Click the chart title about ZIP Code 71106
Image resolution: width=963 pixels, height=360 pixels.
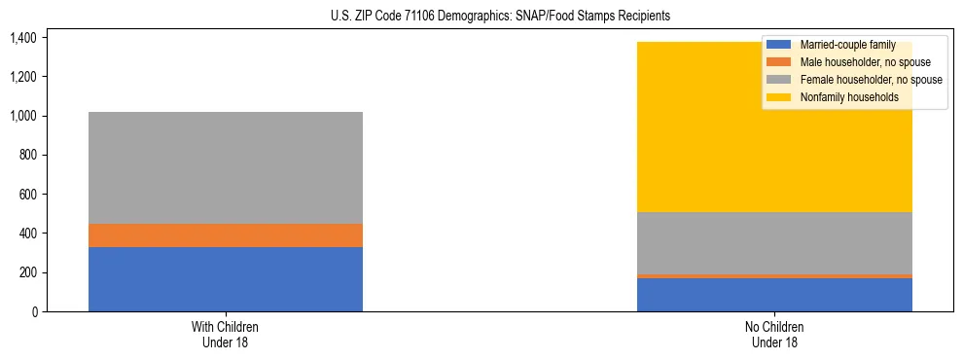[481, 17]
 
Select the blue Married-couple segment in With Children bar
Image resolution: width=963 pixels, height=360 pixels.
[226, 279]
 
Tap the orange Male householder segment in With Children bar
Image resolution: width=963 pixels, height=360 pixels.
[226, 235]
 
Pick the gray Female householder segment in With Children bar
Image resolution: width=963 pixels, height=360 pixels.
[226, 167]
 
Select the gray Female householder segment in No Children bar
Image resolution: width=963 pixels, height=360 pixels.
[774, 243]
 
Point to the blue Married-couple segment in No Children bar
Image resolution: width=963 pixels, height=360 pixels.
[774, 295]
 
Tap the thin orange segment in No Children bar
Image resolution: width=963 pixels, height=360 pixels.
[774, 276]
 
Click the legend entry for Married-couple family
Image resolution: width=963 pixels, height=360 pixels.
[846, 45]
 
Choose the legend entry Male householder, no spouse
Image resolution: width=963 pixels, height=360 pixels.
[865, 62]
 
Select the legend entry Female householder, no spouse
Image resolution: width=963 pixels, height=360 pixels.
[871, 80]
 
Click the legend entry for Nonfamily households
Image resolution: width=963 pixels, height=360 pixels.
[848, 97]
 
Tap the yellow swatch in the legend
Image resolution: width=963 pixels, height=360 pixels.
[779, 97]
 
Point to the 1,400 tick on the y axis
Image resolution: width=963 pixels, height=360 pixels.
[23, 38]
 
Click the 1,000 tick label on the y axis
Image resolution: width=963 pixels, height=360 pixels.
[23, 116]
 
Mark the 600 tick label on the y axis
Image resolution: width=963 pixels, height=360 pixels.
[27, 195]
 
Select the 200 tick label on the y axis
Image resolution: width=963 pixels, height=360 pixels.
[27, 272]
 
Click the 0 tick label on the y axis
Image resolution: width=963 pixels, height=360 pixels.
[34, 311]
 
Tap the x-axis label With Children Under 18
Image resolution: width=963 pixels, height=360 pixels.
[226, 334]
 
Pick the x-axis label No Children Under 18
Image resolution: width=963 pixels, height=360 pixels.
[774, 334]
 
